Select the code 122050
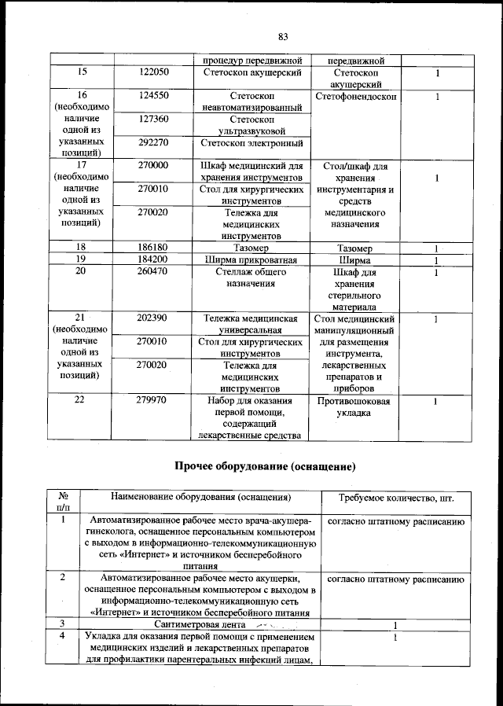(x=153, y=72)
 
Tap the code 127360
(x=153, y=120)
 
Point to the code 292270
(x=153, y=143)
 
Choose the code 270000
(x=153, y=166)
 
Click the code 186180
(x=153, y=248)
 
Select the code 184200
(x=153, y=259)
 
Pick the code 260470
(x=153, y=271)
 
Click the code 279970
(x=153, y=400)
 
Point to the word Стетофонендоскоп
(x=355, y=96)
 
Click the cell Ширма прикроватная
(x=251, y=259)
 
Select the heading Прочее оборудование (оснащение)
(x=265, y=467)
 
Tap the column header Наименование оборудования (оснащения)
(x=201, y=498)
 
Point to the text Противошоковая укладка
(x=354, y=406)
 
